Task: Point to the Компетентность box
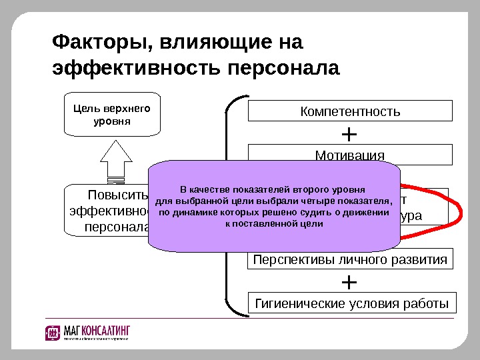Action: [350, 111]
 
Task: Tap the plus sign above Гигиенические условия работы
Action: [349, 282]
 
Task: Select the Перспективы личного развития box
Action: [350, 259]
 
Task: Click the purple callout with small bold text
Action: [274, 207]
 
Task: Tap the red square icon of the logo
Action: [53, 333]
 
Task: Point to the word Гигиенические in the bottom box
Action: [300, 304]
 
